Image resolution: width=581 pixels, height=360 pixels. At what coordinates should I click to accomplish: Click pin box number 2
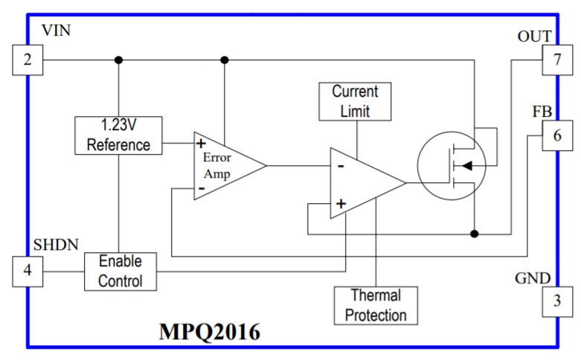pyautogui.click(x=28, y=60)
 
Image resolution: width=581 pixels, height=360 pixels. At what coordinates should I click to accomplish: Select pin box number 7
pyautogui.click(x=557, y=60)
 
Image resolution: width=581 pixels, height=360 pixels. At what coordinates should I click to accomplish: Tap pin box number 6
pyautogui.click(x=557, y=135)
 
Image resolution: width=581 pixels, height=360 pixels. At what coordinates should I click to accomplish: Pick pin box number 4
pyautogui.click(x=28, y=271)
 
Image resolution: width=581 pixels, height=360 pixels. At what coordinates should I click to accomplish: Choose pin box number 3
pyautogui.click(x=557, y=301)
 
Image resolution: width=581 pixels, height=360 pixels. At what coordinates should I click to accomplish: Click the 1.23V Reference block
pyautogui.click(x=118, y=135)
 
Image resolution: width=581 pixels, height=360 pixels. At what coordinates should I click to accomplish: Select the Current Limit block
pyautogui.click(x=355, y=101)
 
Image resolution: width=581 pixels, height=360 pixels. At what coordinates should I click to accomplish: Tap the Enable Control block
pyautogui.click(x=120, y=271)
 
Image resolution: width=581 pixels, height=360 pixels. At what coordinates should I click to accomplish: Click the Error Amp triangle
pyautogui.click(x=224, y=166)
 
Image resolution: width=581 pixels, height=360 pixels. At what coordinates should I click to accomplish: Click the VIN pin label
pyautogui.click(x=57, y=31)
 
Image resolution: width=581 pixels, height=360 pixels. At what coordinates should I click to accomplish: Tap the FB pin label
pyautogui.click(x=542, y=112)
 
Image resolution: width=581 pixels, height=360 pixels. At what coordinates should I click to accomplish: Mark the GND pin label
pyautogui.click(x=533, y=279)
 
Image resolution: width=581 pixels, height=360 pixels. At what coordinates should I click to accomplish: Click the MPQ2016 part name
pyautogui.click(x=209, y=332)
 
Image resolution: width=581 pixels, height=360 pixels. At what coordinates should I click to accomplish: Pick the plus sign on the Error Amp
pyautogui.click(x=201, y=143)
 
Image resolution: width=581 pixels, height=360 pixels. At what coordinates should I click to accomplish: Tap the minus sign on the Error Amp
pyautogui.click(x=201, y=190)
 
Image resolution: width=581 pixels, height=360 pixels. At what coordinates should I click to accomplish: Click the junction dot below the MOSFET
pyautogui.click(x=474, y=234)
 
